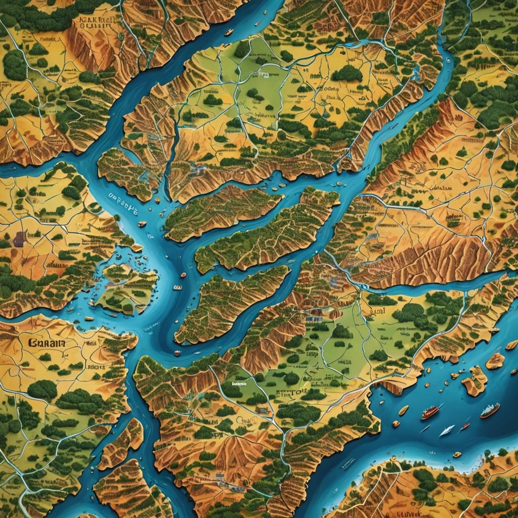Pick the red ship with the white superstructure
tap(490, 410)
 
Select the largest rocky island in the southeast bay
tap(474, 380)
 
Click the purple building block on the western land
tap(20, 238)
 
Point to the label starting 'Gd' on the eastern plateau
tap(438, 188)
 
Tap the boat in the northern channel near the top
tap(229, 32)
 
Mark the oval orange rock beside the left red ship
tap(403, 410)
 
